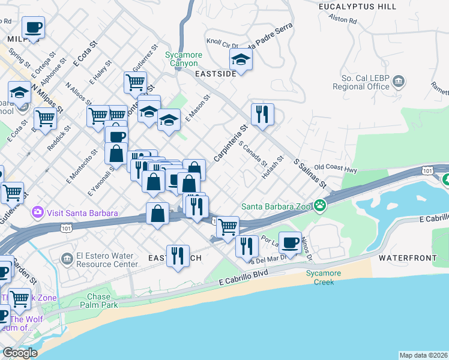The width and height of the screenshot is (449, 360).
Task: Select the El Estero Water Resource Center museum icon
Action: click(x=67, y=259)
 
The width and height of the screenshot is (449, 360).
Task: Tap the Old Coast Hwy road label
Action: click(x=336, y=170)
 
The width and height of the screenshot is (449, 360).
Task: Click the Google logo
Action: click(x=20, y=353)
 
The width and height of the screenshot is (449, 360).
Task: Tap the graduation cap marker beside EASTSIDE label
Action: click(x=241, y=60)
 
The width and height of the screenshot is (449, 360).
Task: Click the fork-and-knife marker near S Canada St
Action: click(x=262, y=115)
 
